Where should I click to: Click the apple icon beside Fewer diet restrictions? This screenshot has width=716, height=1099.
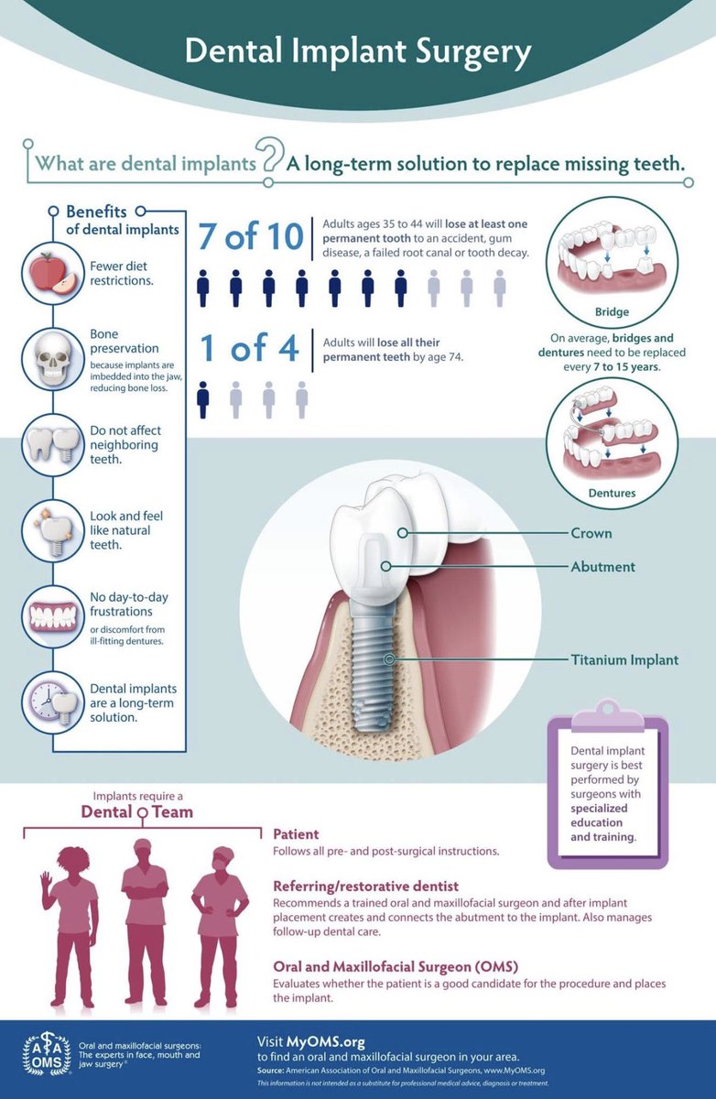pyautogui.click(x=53, y=273)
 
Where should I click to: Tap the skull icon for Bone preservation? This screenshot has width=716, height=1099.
pyautogui.click(x=53, y=359)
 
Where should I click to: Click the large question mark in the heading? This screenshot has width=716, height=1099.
pyautogui.click(x=270, y=154)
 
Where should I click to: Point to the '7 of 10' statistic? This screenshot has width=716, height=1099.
pyautogui.click(x=251, y=236)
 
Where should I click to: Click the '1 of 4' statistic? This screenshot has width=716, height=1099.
pyautogui.click(x=249, y=348)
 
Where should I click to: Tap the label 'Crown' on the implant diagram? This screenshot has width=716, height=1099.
pyautogui.click(x=591, y=533)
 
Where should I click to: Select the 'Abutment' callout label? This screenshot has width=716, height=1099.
pyautogui.click(x=602, y=567)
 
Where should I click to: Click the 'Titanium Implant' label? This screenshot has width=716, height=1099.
pyautogui.click(x=624, y=660)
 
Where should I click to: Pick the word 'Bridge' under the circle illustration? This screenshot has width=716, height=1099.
pyautogui.click(x=612, y=311)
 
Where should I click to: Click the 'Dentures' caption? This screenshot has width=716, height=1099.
pyautogui.click(x=612, y=493)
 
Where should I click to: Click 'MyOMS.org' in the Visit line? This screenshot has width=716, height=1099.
pyautogui.click(x=326, y=1041)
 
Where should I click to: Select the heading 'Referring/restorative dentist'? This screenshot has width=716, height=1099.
pyautogui.click(x=366, y=887)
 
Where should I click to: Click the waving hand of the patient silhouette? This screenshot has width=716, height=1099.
pyautogui.click(x=46, y=878)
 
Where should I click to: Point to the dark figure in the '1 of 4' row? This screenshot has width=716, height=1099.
pyautogui.click(x=202, y=400)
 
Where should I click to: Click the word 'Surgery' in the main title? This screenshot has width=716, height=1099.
pyautogui.click(x=473, y=52)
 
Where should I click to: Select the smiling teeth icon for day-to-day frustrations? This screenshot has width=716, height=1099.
pyautogui.click(x=53, y=616)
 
